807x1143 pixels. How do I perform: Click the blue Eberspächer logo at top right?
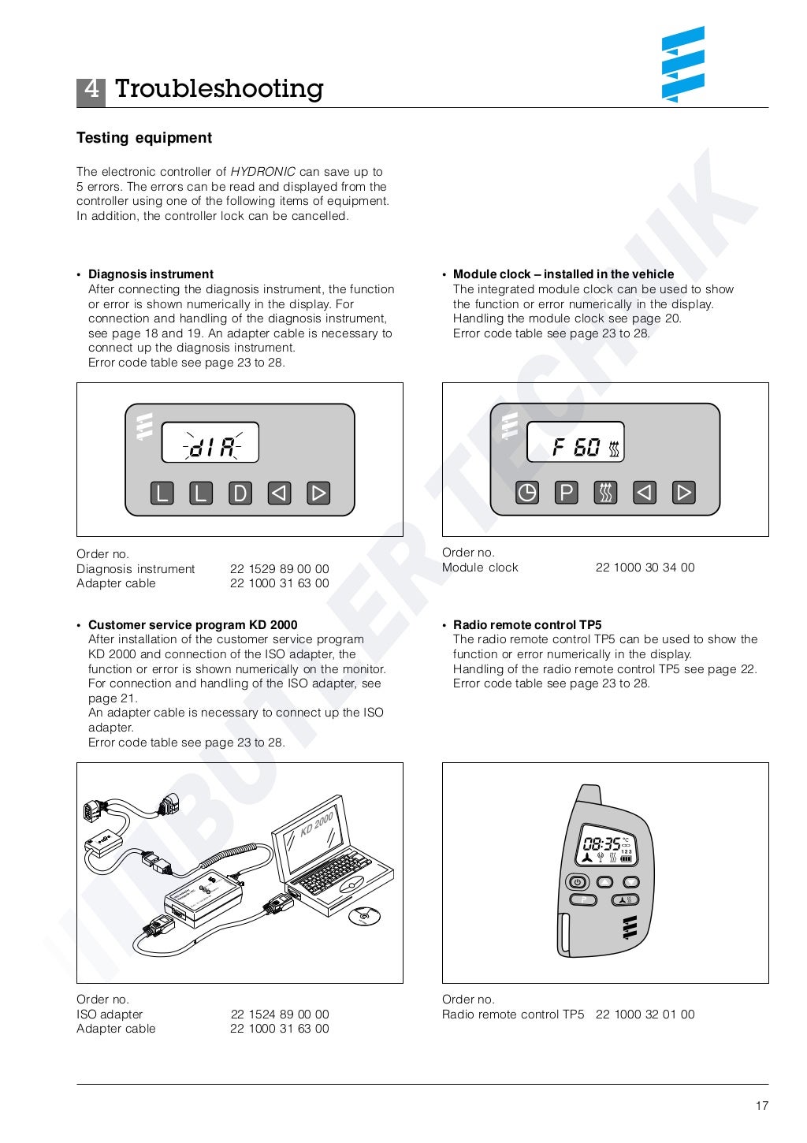point(682,65)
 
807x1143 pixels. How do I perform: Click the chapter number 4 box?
point(91,90)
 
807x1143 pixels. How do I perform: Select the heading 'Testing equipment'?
point(144,138)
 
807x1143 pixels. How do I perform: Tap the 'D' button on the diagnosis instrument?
point(240,493)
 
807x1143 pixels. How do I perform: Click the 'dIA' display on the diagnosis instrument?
point(210,447)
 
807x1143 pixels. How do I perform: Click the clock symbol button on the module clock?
point(526,493)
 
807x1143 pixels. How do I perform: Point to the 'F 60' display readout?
point(576,448)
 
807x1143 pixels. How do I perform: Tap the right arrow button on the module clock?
point(683,493)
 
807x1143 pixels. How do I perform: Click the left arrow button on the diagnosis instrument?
point(279,493)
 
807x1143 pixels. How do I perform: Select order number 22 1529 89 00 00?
point(279,569)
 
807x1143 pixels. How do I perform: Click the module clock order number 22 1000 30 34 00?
point(645,568)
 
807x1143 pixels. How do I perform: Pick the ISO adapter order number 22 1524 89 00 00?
point(279,1015)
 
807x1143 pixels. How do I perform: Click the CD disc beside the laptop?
point(364,915)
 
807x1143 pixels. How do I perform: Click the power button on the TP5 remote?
point(578,882)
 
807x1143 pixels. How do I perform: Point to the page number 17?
point(761,1106)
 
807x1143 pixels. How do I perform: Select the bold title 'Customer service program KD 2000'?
point(192,625)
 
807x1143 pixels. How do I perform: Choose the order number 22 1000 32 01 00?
point(645,1015)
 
